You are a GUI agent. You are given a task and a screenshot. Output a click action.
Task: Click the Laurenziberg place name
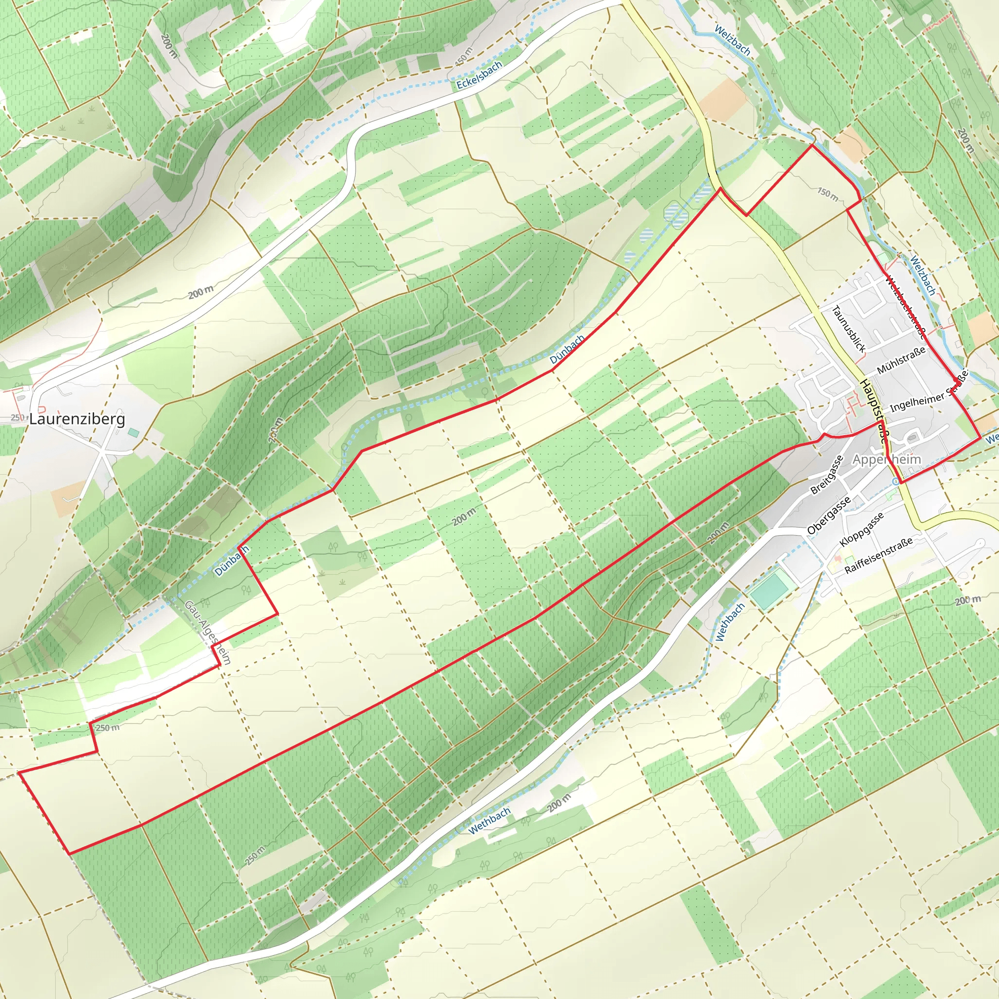point(77,419)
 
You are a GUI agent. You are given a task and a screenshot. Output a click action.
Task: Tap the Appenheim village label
point(887,459)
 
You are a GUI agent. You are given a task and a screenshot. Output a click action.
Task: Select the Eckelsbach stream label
point(479,76)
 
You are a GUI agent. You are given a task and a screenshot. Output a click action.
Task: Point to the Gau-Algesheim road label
point(207,632)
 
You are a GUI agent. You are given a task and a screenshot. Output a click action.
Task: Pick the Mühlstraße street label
point(901,360)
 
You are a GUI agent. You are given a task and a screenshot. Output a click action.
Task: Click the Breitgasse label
point(827,475)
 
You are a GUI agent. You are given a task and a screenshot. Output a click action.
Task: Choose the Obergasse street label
point(828,516)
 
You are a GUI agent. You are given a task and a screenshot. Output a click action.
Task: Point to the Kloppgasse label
point(861,529)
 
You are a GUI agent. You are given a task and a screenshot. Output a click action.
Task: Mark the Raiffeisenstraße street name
point(879,555)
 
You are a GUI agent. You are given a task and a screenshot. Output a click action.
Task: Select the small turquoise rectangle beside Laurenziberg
point(134,432)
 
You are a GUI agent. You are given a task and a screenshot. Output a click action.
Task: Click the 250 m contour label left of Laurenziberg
point(17,417)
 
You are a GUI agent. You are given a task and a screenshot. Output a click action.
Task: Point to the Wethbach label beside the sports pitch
point(730,622)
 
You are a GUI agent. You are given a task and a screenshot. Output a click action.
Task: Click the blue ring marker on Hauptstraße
point(895,481)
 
